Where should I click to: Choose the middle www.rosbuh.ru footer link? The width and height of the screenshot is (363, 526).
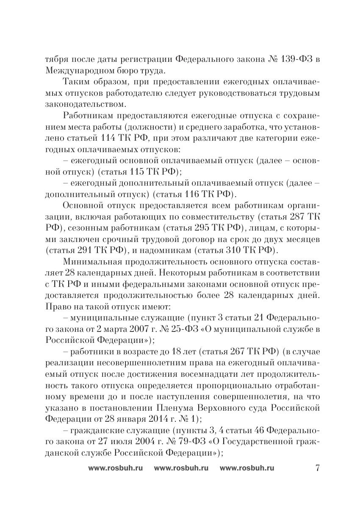point(181,468)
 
